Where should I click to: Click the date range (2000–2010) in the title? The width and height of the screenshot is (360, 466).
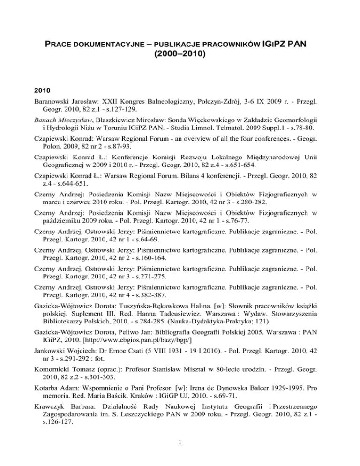coord(180,54)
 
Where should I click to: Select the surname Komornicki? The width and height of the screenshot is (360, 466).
coord(62,377)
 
